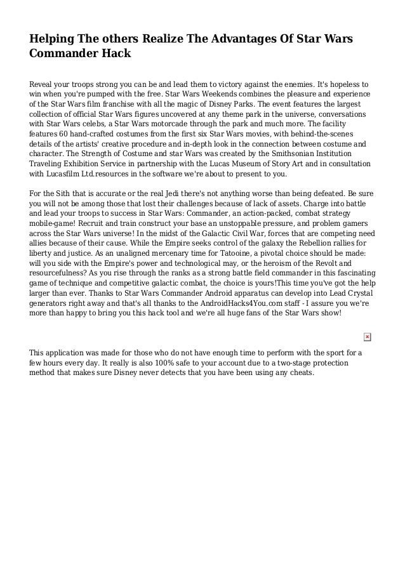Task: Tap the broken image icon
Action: pyautogui.click(x=367, y=336)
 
